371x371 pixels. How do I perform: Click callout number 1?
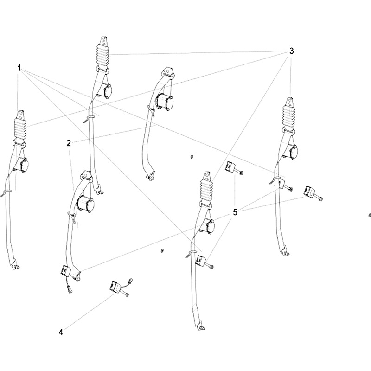click(x=19, y=68)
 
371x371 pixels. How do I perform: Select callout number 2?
click(x=69, y=143)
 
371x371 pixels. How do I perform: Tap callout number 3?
click(x=291, y=51)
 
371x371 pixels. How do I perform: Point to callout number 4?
click(x=61, y=332)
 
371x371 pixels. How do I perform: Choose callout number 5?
click(x=235, y=212)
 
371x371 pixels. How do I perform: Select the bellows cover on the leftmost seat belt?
click(x=21, y=130)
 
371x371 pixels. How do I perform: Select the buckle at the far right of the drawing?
click(x=313, y=192)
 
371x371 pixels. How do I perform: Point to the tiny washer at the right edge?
click(x=370, y=215)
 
